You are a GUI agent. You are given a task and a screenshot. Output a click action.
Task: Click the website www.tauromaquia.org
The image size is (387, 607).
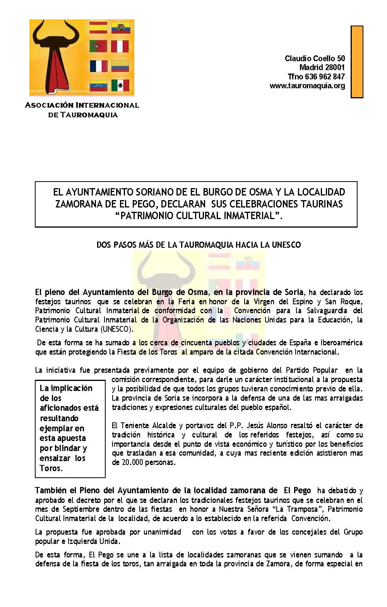307,86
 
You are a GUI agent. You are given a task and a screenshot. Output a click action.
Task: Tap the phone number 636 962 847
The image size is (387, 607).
325,77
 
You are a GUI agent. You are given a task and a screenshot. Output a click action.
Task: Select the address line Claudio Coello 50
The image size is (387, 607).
315,58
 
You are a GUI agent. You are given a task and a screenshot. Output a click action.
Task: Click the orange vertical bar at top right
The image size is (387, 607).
357,62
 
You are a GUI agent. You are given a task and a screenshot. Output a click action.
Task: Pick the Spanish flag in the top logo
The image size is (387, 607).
98,27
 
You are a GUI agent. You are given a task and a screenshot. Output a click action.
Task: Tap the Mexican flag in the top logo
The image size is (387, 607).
120,85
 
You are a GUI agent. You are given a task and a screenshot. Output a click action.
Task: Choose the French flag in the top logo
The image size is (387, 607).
98,66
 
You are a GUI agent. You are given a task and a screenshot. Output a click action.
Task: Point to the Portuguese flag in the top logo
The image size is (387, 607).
98,46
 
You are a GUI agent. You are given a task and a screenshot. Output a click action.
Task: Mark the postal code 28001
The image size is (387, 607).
333,68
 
